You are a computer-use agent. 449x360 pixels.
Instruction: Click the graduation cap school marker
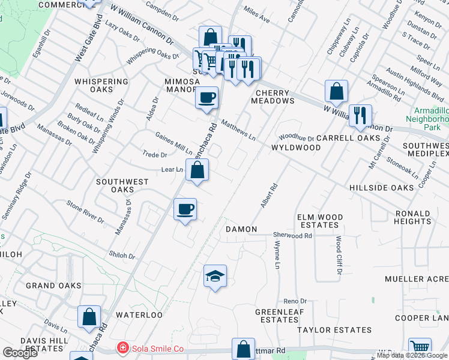(x=215, y=276)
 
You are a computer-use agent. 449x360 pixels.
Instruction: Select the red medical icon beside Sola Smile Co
(x=122, y=348)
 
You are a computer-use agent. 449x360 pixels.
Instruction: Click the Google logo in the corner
(x=20, y=353)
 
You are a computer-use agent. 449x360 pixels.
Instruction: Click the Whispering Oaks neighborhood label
(x=101, y=85)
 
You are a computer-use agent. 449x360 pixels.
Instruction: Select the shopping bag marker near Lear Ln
(x=197, y=170)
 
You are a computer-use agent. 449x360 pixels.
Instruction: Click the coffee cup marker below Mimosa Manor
(x=206, y=97)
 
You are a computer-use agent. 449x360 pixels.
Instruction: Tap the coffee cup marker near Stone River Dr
(x=185, y=209)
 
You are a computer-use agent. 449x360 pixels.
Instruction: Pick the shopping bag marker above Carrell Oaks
(x=336, y=91)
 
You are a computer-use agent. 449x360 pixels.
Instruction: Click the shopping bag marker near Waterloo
(x=89, y=316)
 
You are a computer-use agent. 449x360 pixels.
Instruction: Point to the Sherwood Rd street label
(x=292, y=236)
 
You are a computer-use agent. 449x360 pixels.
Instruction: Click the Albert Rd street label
(x=269, y=196)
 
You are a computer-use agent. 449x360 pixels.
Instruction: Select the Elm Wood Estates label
(x=320, y=221)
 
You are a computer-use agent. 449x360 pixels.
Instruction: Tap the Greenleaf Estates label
(x=277, y=316)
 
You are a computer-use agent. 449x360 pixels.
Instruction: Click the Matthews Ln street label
(x=238, y=130)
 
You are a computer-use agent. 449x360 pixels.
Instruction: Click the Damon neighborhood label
(x=241, y=229)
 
